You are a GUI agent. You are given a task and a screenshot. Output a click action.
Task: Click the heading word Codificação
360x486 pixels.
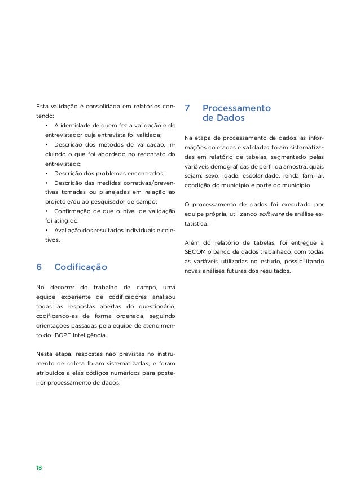point(80,267)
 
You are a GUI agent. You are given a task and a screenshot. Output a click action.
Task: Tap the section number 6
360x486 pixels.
point(38,267)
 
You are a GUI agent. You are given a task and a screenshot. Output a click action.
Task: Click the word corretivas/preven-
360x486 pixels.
point(147,183)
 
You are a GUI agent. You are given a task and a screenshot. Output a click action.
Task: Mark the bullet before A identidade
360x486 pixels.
point(46,125)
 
